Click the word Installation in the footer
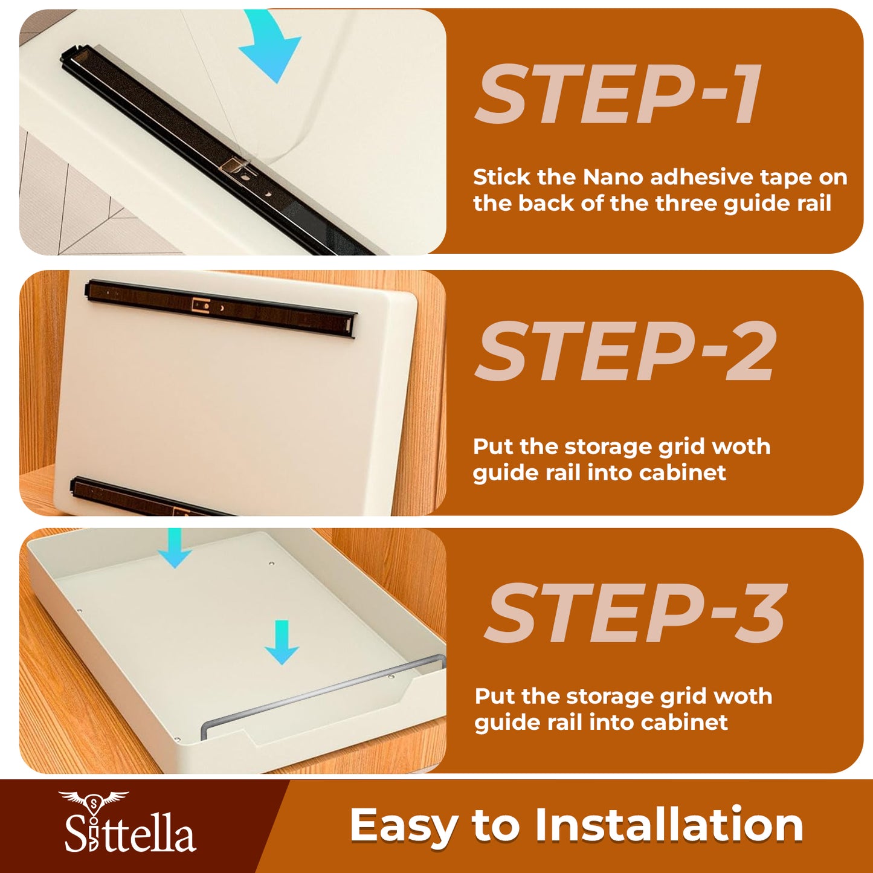click(669, 825)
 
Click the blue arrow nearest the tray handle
click(282, 642)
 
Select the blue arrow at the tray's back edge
click(175, 548)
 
